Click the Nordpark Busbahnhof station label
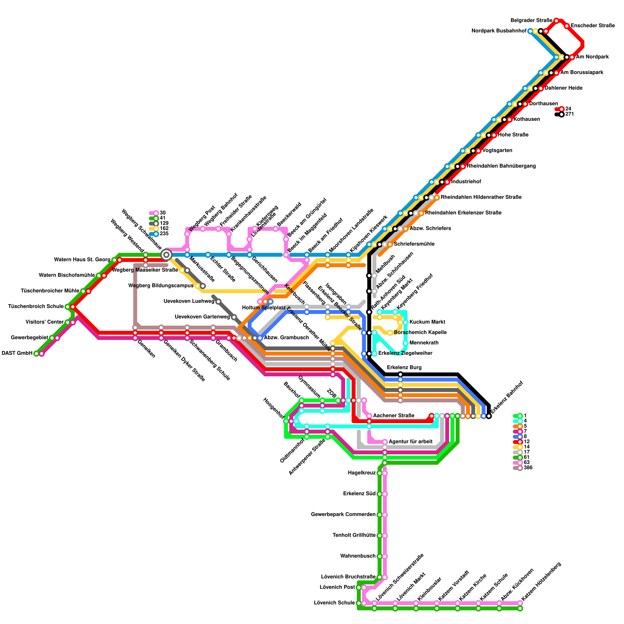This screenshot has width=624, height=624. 499,31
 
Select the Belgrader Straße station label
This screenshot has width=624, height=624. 531,20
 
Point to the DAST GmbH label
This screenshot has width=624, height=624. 17,353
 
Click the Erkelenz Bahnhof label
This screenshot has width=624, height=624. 507,397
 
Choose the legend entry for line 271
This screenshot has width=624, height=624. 569,114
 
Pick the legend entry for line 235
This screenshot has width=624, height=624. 164,234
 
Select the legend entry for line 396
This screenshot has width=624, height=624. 528,468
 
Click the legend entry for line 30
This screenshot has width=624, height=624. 162,213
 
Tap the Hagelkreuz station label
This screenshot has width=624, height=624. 362,473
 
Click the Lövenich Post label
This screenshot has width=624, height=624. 337,587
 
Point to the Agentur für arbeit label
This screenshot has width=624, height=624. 410,442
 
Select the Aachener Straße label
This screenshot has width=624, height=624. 394,416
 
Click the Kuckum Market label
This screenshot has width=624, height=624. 427,322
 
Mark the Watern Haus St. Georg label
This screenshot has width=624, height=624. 82,260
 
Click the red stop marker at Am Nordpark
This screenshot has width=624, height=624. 572,57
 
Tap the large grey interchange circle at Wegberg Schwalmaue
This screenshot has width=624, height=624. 167,255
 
